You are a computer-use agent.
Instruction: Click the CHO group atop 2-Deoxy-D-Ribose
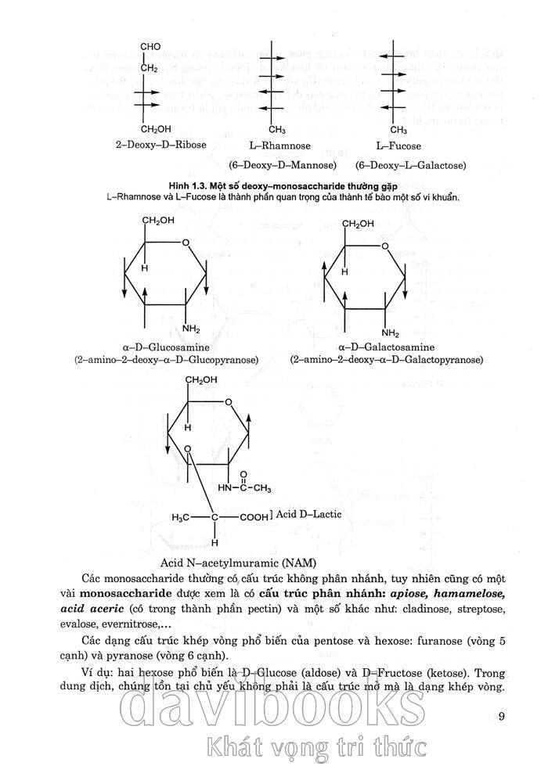click(150, 47)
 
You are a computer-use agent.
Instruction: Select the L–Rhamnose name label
click(280, 146)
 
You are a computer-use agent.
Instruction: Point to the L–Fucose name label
click(398, 146)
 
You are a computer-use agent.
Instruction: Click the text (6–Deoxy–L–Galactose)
click(410, 166)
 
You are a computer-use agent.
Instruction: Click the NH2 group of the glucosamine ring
click(191, 328)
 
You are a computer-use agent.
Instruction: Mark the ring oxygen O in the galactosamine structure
click(384, 247)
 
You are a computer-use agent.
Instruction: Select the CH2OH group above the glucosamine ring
click(157, 221)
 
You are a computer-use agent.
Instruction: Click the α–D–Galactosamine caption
click(388, 347)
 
